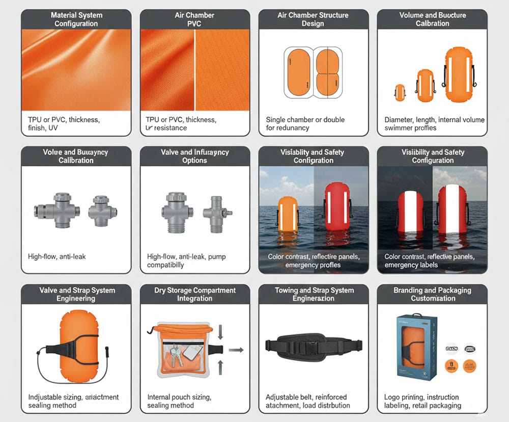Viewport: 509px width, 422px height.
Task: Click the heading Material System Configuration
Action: pos(76,19)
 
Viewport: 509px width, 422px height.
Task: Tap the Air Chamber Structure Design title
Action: pos(314,19)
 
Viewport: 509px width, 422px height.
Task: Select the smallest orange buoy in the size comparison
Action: pos(400,92)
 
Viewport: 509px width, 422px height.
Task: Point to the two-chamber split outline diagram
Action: pos(329,72)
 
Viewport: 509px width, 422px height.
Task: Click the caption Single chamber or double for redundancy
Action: pos(305,123)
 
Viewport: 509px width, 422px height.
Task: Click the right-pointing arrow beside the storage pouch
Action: pos(235,350)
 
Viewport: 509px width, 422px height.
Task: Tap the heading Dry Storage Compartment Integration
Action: pos(195,294)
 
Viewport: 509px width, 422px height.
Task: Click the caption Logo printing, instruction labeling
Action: pos(421,401)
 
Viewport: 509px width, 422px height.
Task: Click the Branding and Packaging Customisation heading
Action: pos(432,294)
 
